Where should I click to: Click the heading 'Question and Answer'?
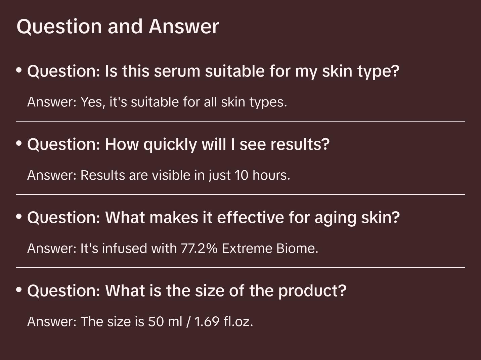[x=118, y=26]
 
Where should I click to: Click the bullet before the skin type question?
[x=19, y=70]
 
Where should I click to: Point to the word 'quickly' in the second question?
[x=170, y=145]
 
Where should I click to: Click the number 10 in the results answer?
[x=242, y=175]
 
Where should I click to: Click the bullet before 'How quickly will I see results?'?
[x=19, y=143]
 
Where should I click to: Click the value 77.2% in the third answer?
[x=199, y=249]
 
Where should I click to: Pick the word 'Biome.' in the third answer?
[x=297, y=249]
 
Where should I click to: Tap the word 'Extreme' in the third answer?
[x=247, y=249]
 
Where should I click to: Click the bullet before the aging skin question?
[x=19, y=217]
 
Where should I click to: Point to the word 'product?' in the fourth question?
[x=312, y=291]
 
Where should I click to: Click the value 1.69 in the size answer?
[x=207, y=322]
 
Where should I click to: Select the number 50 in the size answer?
[x=156, y=322]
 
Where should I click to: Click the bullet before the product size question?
[x=19, y=290]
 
